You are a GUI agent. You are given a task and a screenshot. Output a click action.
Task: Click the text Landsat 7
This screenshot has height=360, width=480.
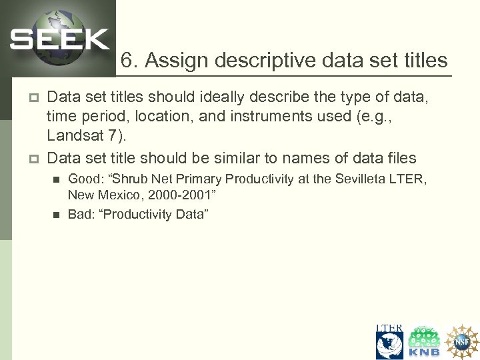83,136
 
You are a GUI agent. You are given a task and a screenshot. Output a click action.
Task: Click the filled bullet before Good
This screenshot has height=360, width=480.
56,179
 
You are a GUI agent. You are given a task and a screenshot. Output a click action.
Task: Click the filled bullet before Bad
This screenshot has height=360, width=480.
56,214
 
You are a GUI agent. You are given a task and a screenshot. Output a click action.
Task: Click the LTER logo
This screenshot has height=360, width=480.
389,342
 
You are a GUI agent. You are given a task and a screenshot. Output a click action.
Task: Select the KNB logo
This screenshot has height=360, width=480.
425,342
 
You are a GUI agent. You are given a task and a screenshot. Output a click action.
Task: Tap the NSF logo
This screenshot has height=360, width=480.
462,342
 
